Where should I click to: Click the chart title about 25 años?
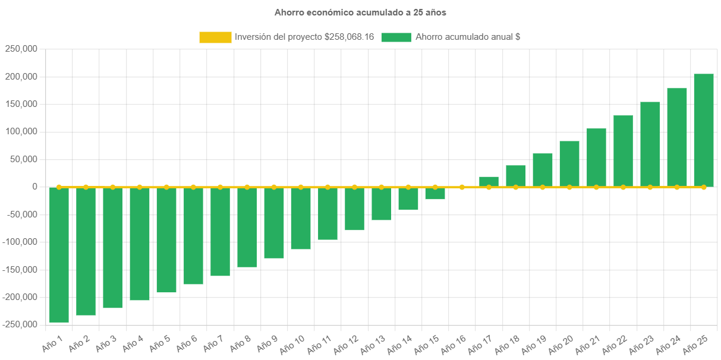[x=360, y=12]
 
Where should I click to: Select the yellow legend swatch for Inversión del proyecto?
[x=215, y=37]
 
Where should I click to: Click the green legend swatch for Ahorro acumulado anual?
[x=396, y=37]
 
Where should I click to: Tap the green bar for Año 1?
[x=59, y=255]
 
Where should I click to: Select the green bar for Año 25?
[x=704, y=131]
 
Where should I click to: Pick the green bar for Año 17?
[x=489, y=182]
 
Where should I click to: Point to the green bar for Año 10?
[x=301, y=218]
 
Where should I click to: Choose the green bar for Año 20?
[x=569, y=164]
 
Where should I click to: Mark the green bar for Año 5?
[x=166, y=240]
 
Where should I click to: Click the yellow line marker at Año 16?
[x=462, y=187]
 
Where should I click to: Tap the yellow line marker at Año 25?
[x=704, y=187]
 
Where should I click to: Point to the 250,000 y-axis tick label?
[x=21, y=49]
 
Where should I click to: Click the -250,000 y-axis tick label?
[x=20, y=324]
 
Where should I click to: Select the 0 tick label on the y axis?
[x=35, y=187]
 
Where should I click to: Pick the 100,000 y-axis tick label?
[x=21, y=131]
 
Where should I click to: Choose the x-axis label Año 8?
[x=241, y=343]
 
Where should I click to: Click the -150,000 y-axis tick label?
[x=20, y=270]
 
